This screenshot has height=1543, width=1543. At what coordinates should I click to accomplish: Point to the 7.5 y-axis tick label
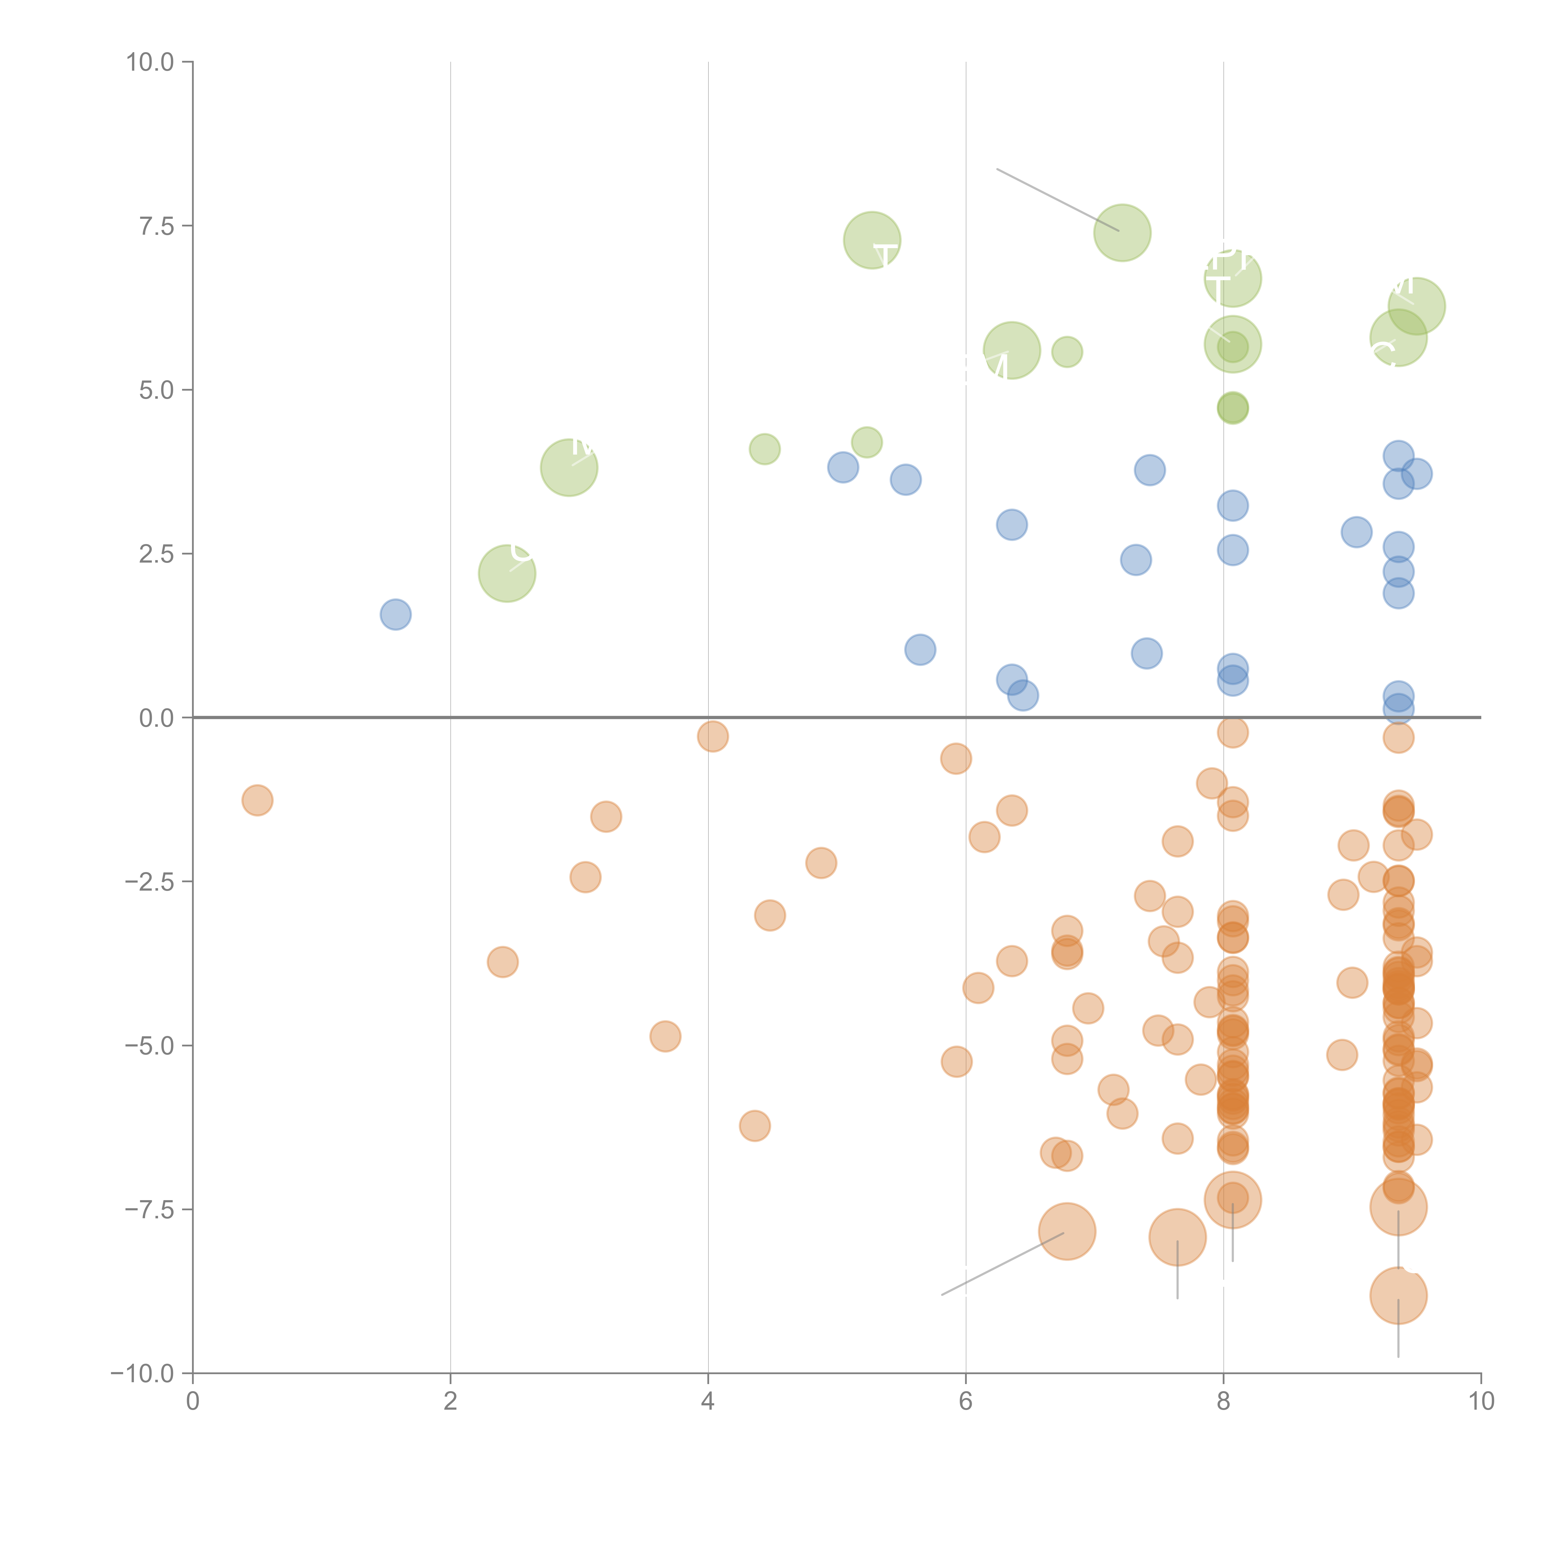[156, 226]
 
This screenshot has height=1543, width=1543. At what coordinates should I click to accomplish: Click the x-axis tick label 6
[966, 1402]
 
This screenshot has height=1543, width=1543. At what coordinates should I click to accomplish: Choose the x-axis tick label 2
[451, 1402]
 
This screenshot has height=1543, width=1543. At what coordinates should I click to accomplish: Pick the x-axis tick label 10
[1481, 1402]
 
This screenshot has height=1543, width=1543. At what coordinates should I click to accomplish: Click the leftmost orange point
[257, 800]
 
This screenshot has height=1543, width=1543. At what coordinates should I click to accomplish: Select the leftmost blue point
[395, 614]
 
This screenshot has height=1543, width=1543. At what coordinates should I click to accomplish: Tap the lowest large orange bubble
[1398, 1296]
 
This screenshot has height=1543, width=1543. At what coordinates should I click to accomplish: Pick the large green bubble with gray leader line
[1122, 232]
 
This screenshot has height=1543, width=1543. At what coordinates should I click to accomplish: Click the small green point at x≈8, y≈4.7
[1232, 408]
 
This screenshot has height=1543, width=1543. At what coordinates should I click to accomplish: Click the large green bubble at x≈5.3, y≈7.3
[872, 240]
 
